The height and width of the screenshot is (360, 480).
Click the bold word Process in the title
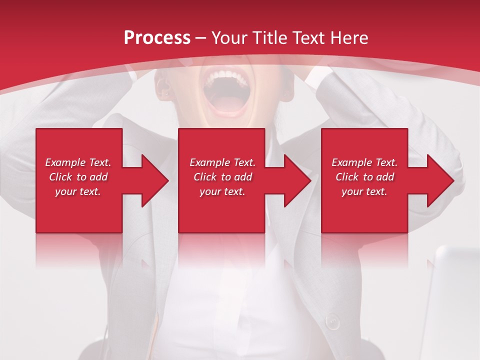(x=157, y=37)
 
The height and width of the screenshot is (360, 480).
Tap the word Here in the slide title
(x=349, y=37)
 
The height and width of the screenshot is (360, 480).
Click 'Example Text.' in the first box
(x=78, y=162)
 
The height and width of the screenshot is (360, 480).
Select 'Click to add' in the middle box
(x=222, y=177)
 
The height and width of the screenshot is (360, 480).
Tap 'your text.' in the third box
(x=364, y=191)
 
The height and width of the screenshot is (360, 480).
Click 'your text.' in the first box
(x=78, y=191)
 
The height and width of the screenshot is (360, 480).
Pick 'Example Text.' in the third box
(x=364, y=162)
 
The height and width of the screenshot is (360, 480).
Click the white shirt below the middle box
(x=235, y=300)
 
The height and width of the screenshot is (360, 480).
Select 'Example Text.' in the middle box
(x=222, y=162)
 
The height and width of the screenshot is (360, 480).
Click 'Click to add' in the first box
(x=78, y=177)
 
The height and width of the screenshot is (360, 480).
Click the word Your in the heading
(x=231, y=37)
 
